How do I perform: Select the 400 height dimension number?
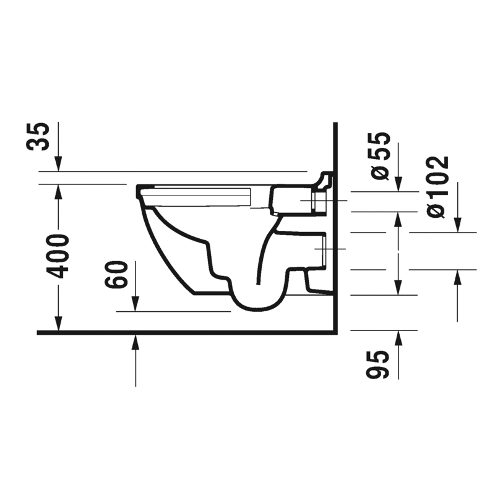click(x=59, y=256)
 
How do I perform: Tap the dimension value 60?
click(x=118, y=275)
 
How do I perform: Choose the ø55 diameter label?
click(x=381, y=156)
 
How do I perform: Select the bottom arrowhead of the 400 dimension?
click(x=59, y=325)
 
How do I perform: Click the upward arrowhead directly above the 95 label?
click(x=398, y=337)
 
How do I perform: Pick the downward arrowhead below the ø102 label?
click(x=458, y=225)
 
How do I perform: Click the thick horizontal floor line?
click(x=186, y=333)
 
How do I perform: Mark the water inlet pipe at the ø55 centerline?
click(x=320, y=201)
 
